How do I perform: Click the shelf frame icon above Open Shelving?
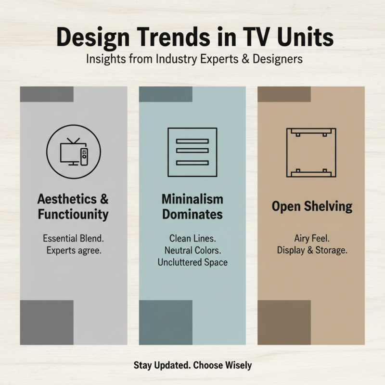[311, 153]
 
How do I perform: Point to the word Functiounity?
[73, 214]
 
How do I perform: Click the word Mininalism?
[192, 199]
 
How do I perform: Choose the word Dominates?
[192, 214]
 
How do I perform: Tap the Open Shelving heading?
[312, 206]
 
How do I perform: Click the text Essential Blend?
[73, 238]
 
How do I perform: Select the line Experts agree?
[73, 250]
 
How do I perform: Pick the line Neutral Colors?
[192, 250]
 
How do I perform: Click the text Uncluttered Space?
[192, 263]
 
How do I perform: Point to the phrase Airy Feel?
[311, 238]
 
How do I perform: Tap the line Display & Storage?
[311, 250]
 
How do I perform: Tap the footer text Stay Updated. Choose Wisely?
[192, 365]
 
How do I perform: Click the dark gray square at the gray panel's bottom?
[47, 322]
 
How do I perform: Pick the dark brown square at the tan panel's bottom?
[284, 322]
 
